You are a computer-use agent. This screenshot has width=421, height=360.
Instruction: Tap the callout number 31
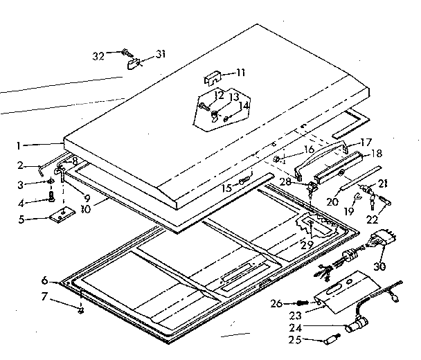161,55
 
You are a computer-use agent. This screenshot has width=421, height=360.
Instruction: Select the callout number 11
240,72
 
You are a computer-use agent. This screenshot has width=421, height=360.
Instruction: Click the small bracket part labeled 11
215,75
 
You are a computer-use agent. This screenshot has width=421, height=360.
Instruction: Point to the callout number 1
21,146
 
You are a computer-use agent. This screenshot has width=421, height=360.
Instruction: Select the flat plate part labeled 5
62,215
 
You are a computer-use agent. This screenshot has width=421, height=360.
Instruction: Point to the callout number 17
366,141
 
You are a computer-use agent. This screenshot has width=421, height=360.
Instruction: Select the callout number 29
307,244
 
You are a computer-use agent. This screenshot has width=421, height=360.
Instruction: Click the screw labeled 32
126,51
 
